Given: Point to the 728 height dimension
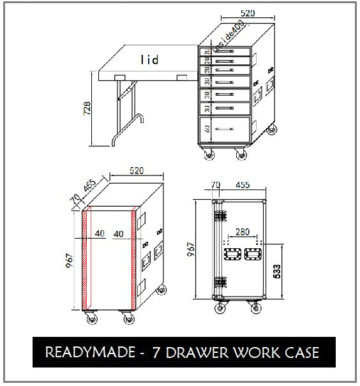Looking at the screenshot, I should click(87, 109).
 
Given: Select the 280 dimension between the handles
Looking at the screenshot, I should click(241, 232).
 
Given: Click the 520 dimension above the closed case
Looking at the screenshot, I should click(135, 170).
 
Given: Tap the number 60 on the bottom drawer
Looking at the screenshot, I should click(207, 130).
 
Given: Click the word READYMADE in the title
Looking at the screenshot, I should click(89, 352).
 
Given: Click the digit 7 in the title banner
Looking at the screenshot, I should click(156, 352).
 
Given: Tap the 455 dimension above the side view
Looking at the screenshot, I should click(242, 185).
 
